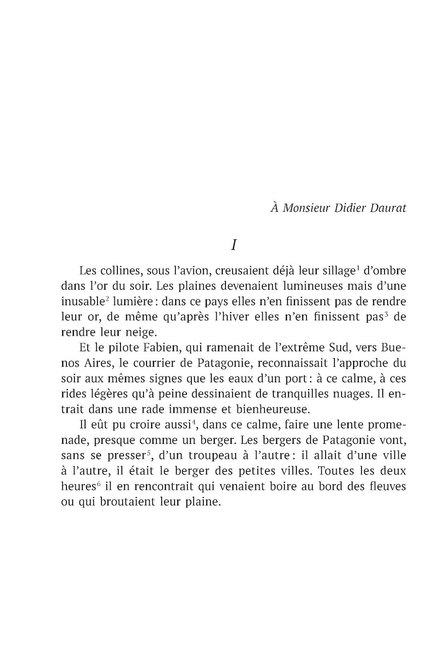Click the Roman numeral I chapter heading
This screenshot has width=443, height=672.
point(233,245)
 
